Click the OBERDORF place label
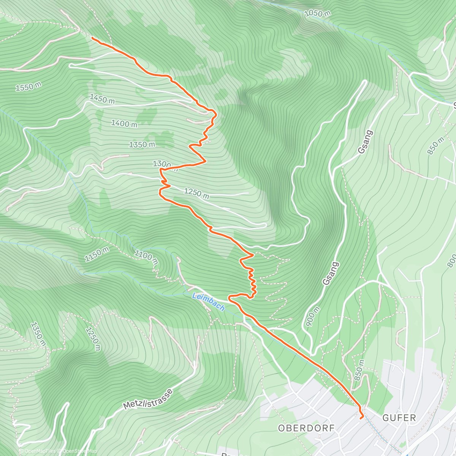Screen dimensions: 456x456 (x=306, y=428)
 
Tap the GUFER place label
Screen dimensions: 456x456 (x=399, y=418)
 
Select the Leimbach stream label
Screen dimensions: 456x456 (x=208, y=302)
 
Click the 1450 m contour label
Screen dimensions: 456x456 (x=102, y=99)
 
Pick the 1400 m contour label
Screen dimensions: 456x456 (x=124, y=123)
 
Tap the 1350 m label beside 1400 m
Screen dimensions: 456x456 (x=142, y=145)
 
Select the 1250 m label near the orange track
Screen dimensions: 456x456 (x=196, y=193)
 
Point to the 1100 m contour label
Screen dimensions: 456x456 (x=146, y=257)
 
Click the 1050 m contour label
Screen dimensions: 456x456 (x=318, y=14)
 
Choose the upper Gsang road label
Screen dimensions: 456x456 (x=365, y=142)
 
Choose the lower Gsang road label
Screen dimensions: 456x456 (x=330, y=273)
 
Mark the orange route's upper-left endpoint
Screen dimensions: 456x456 (x=93, y=38)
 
